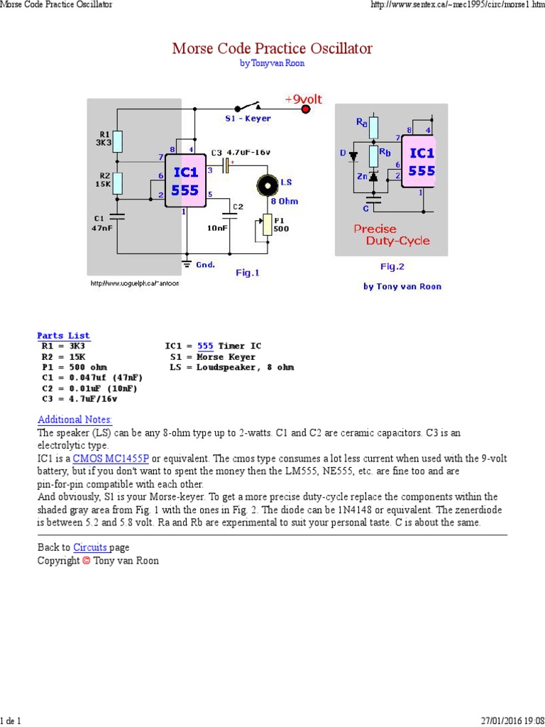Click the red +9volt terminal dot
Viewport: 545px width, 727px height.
(x=307, y=109)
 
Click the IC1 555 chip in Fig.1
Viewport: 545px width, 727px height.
(x=185, y=182)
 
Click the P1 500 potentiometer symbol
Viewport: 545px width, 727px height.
(x=268, y=225)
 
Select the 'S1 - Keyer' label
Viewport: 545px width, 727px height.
(x=248, y=119)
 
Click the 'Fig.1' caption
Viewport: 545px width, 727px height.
(x=248, y=273)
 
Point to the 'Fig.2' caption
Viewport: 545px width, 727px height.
(x=392, y=266)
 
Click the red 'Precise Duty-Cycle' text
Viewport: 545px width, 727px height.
(x=391, y=235)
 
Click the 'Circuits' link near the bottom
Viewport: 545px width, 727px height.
(x=90, y=547)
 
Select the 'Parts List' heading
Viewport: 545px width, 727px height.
(x=63, y=335)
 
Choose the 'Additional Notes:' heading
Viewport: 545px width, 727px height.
(x=75, y=420)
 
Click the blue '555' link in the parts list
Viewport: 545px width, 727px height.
(x=205, y=346)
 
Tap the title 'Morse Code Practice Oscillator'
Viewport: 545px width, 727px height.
(x=272, y=48)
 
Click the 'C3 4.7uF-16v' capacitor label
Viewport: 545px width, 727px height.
(x=241, y=153)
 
